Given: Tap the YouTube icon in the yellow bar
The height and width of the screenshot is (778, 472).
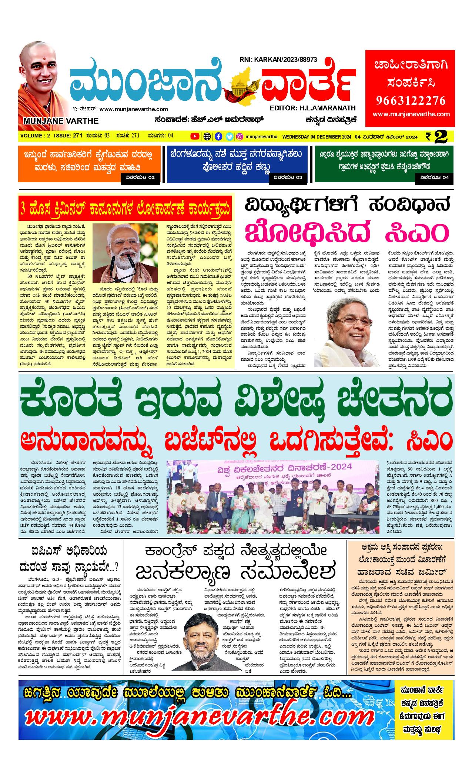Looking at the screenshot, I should [x=194, y=136].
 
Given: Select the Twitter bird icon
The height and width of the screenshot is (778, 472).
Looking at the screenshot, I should [x=230, y=136].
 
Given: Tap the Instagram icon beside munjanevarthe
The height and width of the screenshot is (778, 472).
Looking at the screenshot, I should [x=240, y=136].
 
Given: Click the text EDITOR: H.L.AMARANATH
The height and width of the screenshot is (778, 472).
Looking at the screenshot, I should [x=313, y=108].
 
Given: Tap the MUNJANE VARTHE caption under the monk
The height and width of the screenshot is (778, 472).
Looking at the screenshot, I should [x=61, y=121].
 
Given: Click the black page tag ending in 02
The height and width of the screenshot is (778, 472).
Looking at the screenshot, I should [x=140, y=177].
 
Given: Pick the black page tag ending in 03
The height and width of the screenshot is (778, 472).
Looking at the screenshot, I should [x=288, y=177].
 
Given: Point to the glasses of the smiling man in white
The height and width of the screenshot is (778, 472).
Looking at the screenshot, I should [x=353, y=319].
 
